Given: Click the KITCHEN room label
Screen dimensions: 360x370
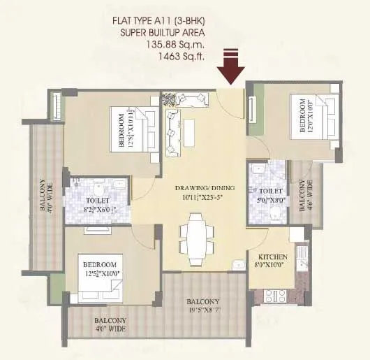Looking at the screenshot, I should click(268, 257).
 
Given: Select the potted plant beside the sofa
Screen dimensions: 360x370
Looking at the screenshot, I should click(170, 98).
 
